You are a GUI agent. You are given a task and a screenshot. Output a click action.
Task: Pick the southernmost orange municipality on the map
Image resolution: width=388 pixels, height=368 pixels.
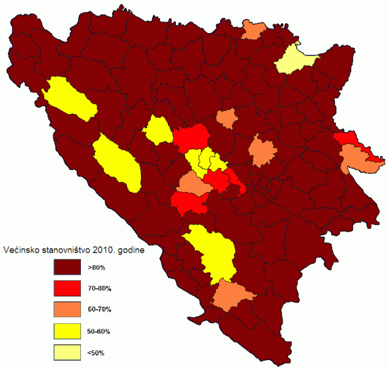click(232, 295)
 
